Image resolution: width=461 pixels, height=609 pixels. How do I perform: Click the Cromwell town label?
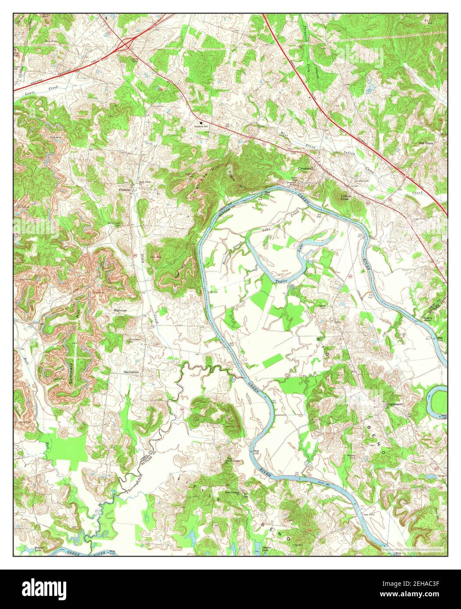305,169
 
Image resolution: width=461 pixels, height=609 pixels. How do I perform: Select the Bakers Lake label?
40,549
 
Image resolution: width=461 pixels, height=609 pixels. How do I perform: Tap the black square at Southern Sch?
202,123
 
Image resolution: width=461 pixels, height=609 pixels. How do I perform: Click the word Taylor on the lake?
281,280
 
